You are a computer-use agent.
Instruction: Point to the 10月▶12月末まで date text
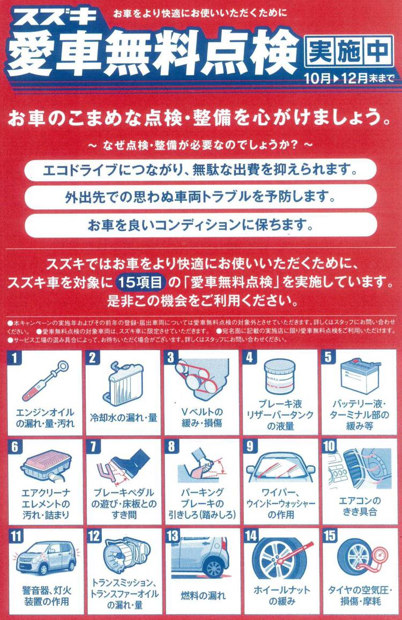tap(349, 78)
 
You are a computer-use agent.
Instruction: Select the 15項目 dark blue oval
tap(140, 282)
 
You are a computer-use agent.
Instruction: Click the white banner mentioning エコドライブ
tap(200, 170)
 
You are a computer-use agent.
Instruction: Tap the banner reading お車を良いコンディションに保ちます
tap(200, 225)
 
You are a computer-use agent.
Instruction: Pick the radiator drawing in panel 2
tap(123, 384)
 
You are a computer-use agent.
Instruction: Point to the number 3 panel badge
tap(171, 358)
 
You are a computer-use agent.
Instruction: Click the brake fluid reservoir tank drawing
tap(279, 376)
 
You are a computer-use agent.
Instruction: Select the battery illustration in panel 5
tap(360, 375)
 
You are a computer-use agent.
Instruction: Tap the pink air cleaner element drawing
tap(47, 466)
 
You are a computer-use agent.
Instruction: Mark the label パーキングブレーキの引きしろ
tap(203, 503)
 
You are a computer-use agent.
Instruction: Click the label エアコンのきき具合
tap(360, 506)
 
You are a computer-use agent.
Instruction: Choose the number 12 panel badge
tap(94, 536)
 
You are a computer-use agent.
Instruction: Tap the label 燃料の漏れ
tap(203, 595)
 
